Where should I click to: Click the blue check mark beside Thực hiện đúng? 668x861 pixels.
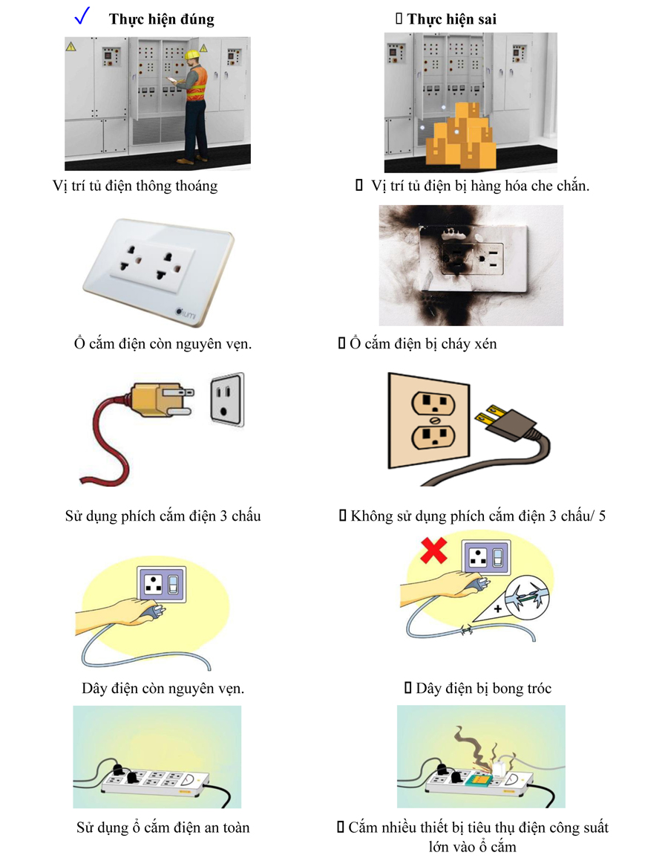pos(82,16)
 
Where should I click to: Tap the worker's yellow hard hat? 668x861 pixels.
pos(191,55)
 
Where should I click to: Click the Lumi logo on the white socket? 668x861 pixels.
pos(186,313)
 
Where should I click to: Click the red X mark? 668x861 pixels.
pos(433,550)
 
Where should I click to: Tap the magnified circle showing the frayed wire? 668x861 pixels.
pos(526,597)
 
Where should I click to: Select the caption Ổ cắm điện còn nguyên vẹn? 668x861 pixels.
pos(163,344)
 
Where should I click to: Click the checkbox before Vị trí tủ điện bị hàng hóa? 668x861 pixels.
pos(359,185)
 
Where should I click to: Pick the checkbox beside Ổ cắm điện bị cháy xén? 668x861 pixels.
pos(341,343)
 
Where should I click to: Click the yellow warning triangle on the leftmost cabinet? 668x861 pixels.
pos(71,47)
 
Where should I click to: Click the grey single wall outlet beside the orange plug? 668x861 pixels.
pos(228,399)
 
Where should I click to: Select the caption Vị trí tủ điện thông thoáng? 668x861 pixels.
pos(135,186)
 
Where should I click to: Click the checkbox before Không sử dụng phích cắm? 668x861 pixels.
pos(343,516)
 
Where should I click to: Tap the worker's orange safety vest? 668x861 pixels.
pos(197,83)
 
